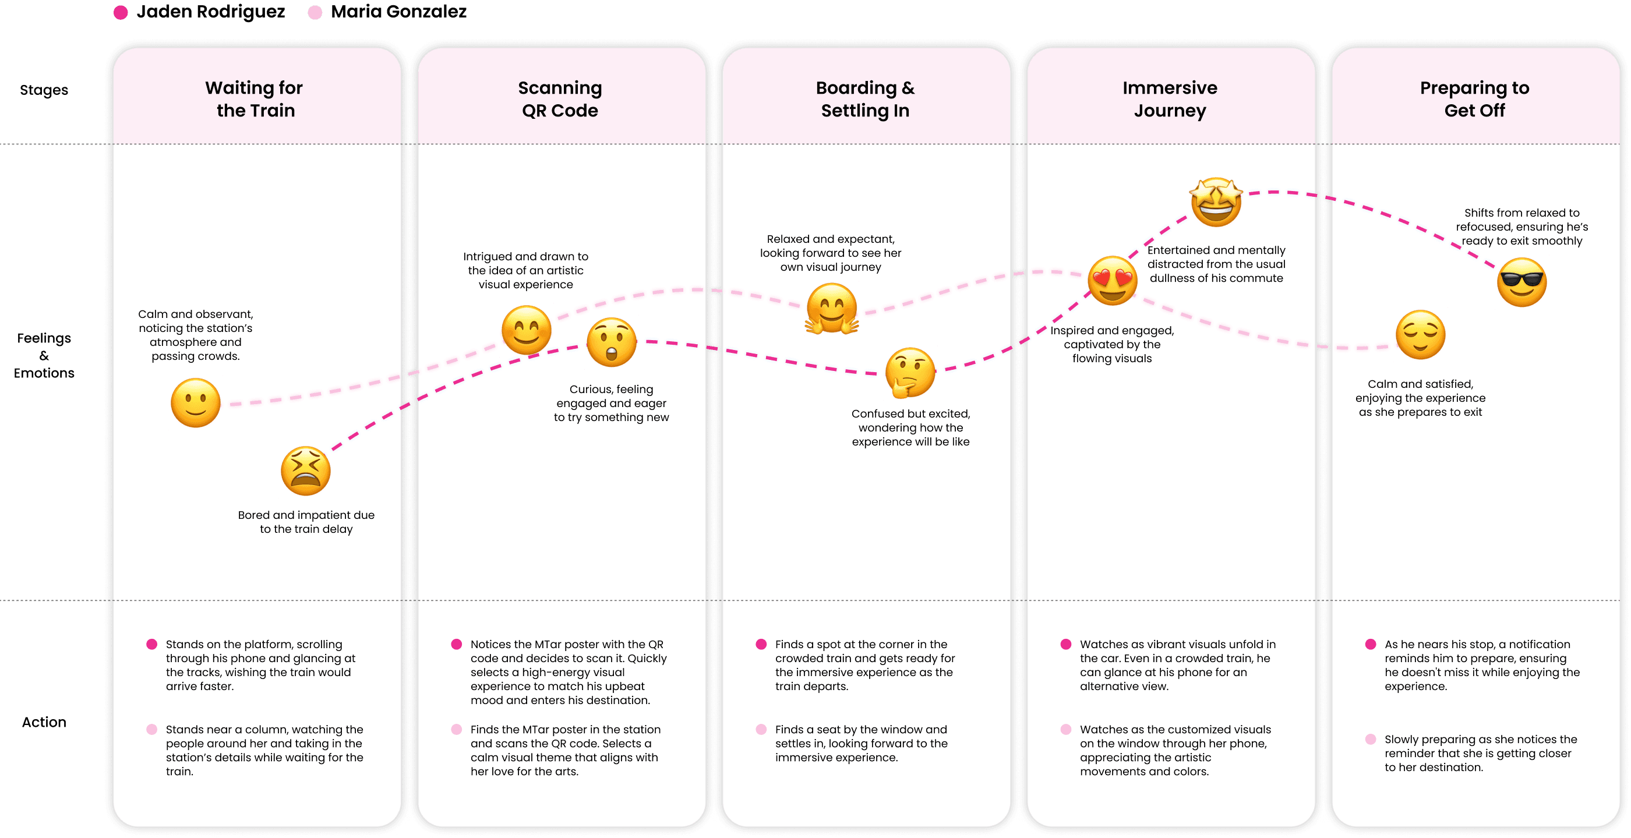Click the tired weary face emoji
pos(305,471)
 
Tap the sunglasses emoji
pos(1521,282)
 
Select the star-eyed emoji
pos(1216,202)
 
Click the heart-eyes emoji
pos(1112,280)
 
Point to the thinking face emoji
pos(910,372)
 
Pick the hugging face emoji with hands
pos(831,308)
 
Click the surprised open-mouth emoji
pos(611,342)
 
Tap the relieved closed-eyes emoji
pos(1420,335)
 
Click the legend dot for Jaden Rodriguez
pos(121,13)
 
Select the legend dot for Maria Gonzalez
pos(315,13)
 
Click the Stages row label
pos(44,90)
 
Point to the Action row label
pos(44,722)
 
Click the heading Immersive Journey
pos(1170,99)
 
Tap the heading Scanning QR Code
pos(560,99)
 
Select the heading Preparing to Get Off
pos(1474,99)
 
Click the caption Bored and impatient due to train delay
pos(306,522)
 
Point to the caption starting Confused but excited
pos(910,427)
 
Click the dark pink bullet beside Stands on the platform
pos(152,644)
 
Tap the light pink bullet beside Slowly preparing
pos(1371,739)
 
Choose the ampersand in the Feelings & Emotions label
pos(44,356)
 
